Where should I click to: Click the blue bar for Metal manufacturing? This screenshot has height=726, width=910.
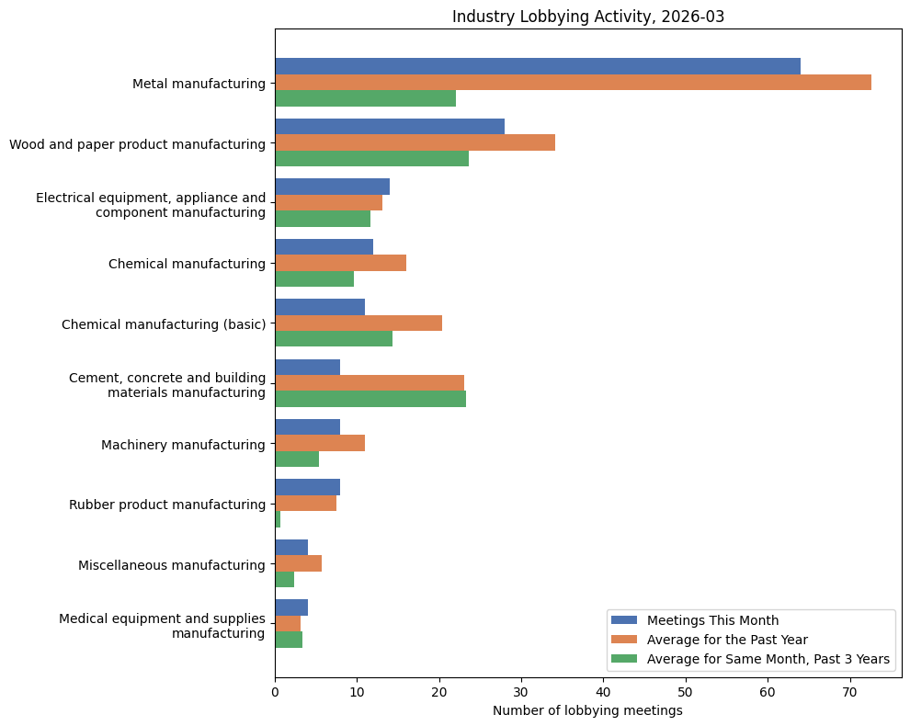tap(537, 66)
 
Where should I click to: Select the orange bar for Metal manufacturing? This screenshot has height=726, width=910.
tap(573, 83)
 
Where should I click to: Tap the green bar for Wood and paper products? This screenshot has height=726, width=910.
tap(371, 158)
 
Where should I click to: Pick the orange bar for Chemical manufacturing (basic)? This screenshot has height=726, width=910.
tap(358, 323)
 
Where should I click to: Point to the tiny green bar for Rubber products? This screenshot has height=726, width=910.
tap(278, 519)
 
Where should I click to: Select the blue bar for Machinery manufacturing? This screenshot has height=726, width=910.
tap(307, 427)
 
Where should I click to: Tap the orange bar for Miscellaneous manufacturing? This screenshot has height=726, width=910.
tap(298, 563)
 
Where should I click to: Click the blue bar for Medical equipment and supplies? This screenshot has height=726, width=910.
tap(291, 607)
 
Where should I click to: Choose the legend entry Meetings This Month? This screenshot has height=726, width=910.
tap(712, 620)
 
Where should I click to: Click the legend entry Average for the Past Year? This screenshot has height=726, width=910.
tap(726, 640)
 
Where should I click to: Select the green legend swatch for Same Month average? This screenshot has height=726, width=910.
tap(624, 659)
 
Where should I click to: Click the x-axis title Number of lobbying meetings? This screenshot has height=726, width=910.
tap(587, 710)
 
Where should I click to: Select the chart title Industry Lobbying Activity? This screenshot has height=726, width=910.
tap(587, 17)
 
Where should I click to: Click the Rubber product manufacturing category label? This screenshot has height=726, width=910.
tap(166, 505)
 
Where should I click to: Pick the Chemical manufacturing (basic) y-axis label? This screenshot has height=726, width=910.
tap(163, 324)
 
